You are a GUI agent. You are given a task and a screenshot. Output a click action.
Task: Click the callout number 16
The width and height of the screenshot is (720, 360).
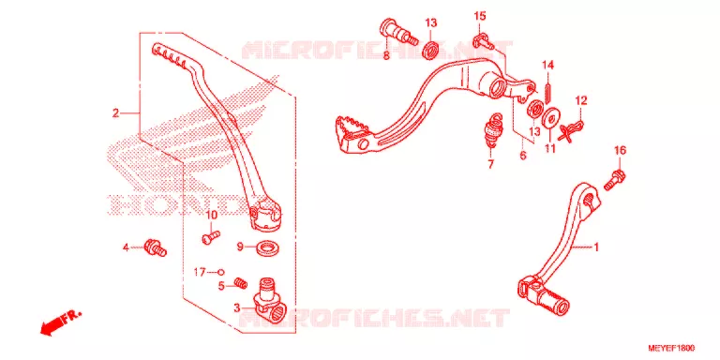pyautogui.click(x=620, y=151)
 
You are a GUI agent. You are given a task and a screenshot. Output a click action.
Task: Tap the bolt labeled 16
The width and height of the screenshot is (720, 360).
pyautogui.click(x=613, y=180)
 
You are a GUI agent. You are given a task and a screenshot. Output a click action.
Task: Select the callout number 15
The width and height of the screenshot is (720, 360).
pyautogui.click(x=479, y=17)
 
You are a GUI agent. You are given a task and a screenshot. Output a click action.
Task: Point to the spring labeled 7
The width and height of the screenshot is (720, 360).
pyautogui.click(x=493, y=130)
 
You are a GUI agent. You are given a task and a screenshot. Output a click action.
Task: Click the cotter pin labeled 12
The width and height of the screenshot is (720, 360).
pyautogui.click(x=571, y=129)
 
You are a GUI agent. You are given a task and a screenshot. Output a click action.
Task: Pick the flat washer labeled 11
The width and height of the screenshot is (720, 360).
pyautogui.click(x=549, y=118)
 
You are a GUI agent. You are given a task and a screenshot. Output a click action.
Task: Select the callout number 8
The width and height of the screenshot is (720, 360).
pyautogui.click(x=385, y=55)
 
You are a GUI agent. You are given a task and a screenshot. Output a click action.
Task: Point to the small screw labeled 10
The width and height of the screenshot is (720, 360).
pyautogui.click(x=211, y=236)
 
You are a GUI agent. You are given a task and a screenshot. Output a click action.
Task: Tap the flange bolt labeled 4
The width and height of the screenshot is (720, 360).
pyautogui.click(x=156, y=247)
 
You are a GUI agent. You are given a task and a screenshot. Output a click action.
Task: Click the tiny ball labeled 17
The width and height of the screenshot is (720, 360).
pyautogui.click(x=220, y=272)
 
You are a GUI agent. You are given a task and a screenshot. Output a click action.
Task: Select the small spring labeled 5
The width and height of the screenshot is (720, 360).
pyautogui.click(x=239, y=283)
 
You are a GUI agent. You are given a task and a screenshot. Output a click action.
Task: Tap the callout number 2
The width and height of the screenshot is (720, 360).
pyautogui.click(x=115, y=112)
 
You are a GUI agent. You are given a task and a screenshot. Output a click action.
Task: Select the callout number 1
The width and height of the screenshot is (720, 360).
pyautogui.click(x=596, y=247)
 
